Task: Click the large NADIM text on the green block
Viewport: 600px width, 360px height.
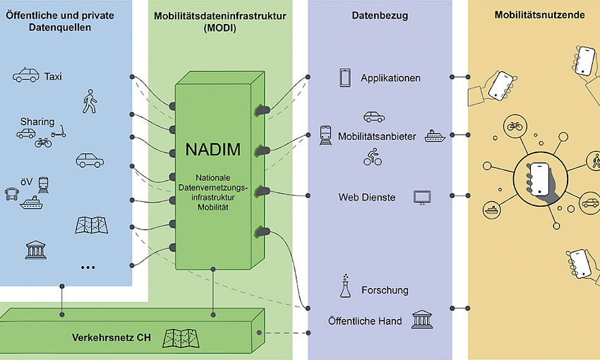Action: pos(212,149)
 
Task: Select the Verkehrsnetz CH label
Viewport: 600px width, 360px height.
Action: pos(111,337)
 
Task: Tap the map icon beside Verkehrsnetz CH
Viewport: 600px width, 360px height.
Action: pos(181,338)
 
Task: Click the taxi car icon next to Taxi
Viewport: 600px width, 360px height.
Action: pos(25,75)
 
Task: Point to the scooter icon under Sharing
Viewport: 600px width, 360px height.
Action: pos(59,131)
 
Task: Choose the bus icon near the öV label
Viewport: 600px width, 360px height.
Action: pos(11,194)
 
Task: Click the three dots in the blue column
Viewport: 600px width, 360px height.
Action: pos(88,268)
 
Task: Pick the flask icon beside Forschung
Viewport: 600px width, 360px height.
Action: pos(345,286)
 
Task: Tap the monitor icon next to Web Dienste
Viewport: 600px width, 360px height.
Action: pos(422,198)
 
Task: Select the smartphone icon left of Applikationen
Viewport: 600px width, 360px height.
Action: pos(344,78)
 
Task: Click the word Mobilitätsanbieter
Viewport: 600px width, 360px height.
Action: pos(377,136)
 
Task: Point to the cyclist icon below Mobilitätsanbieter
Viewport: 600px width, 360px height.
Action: pos(372,157)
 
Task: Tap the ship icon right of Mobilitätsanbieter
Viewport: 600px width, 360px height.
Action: pos(435,136)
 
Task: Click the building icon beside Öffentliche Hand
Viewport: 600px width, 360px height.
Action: pos(422,320)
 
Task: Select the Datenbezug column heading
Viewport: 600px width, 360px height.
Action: pos(380,16)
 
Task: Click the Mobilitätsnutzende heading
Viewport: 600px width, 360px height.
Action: pos(539,15)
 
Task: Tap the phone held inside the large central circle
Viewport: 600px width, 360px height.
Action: pos(539,179)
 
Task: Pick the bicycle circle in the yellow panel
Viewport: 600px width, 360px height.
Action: pos(515,126)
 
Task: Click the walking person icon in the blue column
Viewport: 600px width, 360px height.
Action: pos(90,102)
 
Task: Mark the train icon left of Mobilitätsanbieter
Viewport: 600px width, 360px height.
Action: pos(325,136)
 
